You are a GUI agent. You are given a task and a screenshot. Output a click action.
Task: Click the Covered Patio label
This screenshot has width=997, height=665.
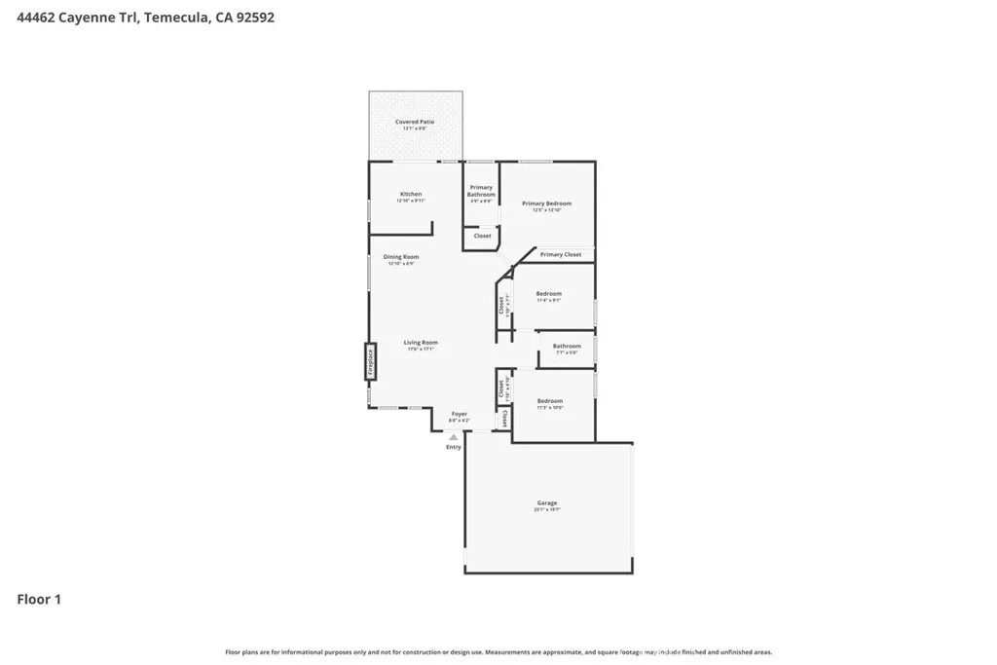[415, 122]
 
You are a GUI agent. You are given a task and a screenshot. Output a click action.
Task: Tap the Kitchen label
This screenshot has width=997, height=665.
[411, 194]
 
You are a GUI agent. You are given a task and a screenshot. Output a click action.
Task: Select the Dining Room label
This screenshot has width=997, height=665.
[401, 257]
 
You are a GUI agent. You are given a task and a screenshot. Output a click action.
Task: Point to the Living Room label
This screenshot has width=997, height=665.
[422, 343]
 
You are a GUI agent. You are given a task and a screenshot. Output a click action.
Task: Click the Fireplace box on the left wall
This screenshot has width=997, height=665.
[370, 362]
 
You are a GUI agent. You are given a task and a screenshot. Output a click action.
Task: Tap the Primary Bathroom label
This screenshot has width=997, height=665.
[481, 191]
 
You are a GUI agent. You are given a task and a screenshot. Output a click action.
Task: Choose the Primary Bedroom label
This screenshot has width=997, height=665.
[546, 203]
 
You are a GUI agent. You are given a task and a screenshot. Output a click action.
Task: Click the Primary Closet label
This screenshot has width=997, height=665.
[561, 254]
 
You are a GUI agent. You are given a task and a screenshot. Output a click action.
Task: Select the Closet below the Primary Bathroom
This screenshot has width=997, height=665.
[482, 236]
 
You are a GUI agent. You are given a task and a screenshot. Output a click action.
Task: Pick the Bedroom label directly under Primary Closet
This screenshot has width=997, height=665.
[549, 293]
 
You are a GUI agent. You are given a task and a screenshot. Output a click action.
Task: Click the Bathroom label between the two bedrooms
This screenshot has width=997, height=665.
[567, 346]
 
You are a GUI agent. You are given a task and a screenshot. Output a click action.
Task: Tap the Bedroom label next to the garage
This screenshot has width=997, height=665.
[550, 401]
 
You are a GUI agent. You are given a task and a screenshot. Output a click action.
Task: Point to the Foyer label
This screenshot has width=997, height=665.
[459, 414]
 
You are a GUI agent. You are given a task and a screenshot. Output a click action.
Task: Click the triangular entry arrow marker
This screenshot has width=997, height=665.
[453, 438]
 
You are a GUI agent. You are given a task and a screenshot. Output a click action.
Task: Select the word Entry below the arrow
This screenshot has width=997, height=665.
[454, 447]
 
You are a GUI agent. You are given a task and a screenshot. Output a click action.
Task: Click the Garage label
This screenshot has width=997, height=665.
[546, 503]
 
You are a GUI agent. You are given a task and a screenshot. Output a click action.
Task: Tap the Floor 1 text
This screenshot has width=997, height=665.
[39, 600]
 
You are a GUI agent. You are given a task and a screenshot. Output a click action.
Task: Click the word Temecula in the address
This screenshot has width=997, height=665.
[175, 17]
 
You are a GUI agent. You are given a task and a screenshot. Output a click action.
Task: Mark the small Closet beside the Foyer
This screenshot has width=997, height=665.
[505, 420]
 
